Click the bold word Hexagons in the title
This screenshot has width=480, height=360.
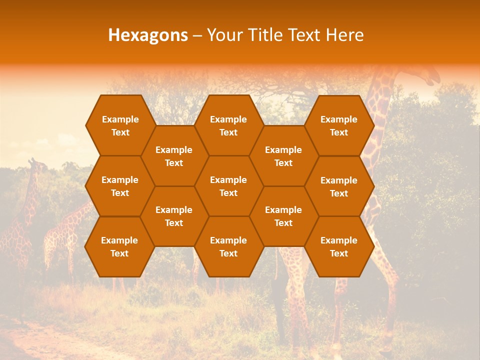(x=148, y=35)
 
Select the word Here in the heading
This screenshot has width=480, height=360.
(x=345, y=35)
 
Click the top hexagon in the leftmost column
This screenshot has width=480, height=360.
(x=120, y=125)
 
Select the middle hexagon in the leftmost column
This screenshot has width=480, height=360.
(x=120, y=186)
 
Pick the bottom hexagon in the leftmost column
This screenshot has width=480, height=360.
(x=119, y=246)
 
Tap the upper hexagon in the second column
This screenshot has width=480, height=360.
(x=174, y=156)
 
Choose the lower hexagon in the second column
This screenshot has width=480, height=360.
(x=174, y=216)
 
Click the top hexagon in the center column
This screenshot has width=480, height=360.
(x=228, y=125)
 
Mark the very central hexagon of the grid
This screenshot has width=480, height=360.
(x=228, y=186)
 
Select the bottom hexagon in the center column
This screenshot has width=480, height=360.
(x=228, y=246)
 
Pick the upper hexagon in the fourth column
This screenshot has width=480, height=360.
(x=283, y=156)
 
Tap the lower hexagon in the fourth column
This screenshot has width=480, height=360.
(x=283, y=216)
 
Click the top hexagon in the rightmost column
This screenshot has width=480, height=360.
(x=339, y=125)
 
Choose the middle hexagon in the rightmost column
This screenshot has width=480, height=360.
(x=339, y=186)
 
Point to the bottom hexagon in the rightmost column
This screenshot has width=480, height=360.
(x=339, y=246)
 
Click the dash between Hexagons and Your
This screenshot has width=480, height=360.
(x=197, y=35)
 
